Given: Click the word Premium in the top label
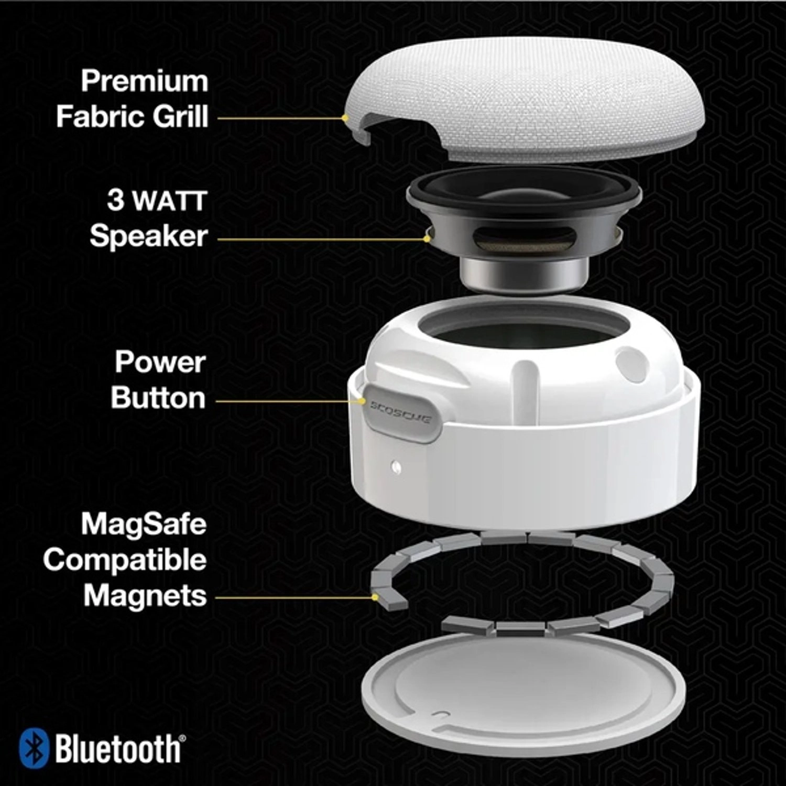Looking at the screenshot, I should (x=144, y=82).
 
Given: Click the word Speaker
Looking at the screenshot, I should (x=148, y=236).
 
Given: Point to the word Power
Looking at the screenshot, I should (x=160, y=362).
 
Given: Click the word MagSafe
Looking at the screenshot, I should (x=144, y=524).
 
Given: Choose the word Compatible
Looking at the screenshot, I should (x=125, y=560).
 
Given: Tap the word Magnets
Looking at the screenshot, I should (x=145, y=596).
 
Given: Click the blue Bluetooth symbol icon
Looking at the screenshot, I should (x=34, y=748).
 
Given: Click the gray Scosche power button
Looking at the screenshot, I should (x=401, y=412).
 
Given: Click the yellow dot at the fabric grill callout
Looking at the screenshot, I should (x=344, y=118).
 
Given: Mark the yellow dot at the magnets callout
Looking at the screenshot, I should (x=375, y=597).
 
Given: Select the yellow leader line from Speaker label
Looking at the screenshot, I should (x=320, y=239).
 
